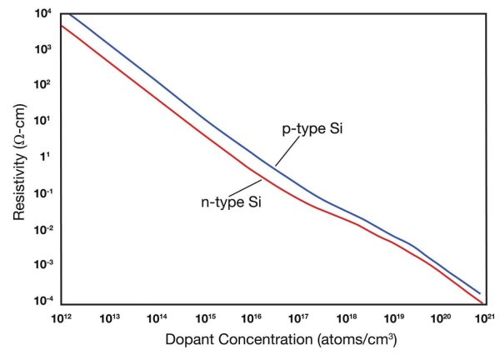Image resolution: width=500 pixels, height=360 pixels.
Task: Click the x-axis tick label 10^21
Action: click(x=487, y=317)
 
